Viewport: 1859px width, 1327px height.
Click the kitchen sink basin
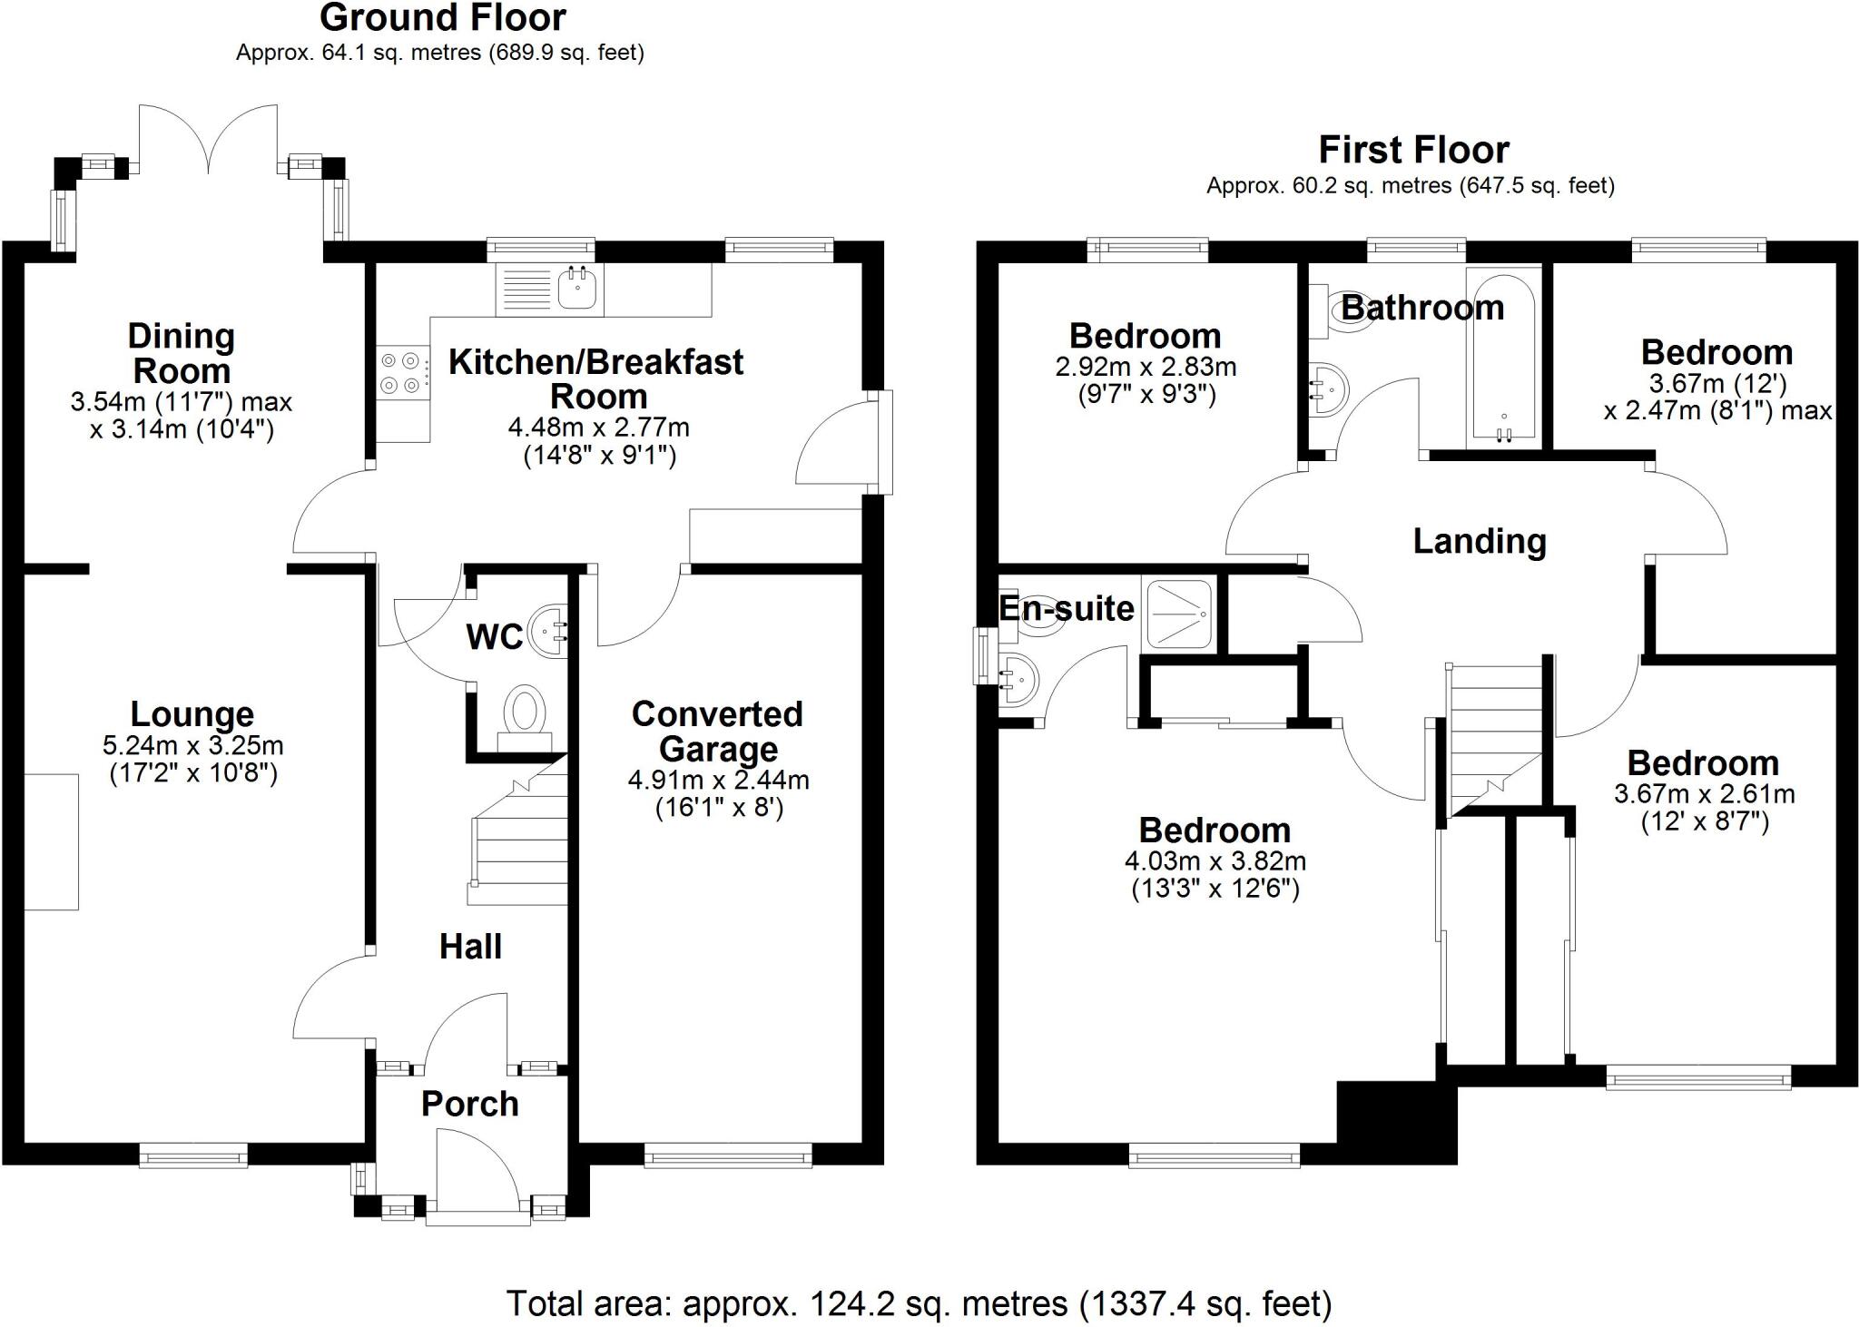(x=575, y=288)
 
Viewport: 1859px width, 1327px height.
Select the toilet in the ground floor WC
(x=525, y=713)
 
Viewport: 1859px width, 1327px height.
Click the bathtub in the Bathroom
(x=1503, y=358)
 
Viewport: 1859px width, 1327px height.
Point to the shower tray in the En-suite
(x=1178, y=614)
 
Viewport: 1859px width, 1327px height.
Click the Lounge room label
(x=192, y=715)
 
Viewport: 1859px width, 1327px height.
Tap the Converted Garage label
(x=717, y=732)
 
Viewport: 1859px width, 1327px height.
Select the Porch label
(x=470, y=1104)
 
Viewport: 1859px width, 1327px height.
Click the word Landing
(x=1480, y=541)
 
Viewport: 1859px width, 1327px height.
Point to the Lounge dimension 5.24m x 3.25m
(x=192, y=746)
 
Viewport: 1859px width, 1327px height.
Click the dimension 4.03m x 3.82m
(x=1215, y=860)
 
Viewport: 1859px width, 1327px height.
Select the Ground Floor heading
(x=442, y=18)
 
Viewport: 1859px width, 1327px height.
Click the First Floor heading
(x=1413, y=150)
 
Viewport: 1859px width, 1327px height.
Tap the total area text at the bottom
(x=919, y=1303)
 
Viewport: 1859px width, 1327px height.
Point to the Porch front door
(x=476, y=1171)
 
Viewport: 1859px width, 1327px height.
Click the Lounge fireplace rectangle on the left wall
(x=51, y=841)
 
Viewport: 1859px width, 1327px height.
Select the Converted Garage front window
(x=728, y=1155)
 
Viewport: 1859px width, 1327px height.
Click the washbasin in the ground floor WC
(x=549, y=628)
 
